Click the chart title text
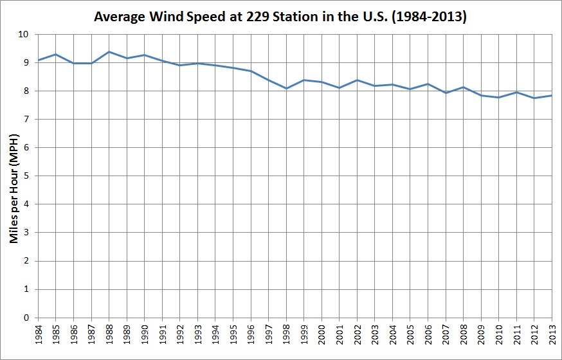pyautogui.click(x=280, y=17)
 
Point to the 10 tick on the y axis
pyautogui.click(x=26, y=34)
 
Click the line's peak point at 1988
pyautogui.click(x=109, y=51)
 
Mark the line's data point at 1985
pyautogui.click(x=55, y=54)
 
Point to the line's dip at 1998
pyautogui.click(x=286, y=89)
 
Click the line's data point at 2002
pyautogui.click(x=357, y=80)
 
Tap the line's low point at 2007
pyautogui.click(x=446, y=93)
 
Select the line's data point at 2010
pyautogui.click(x=499, y=98)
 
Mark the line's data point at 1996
pyautogui.click(x=251, y=71)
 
